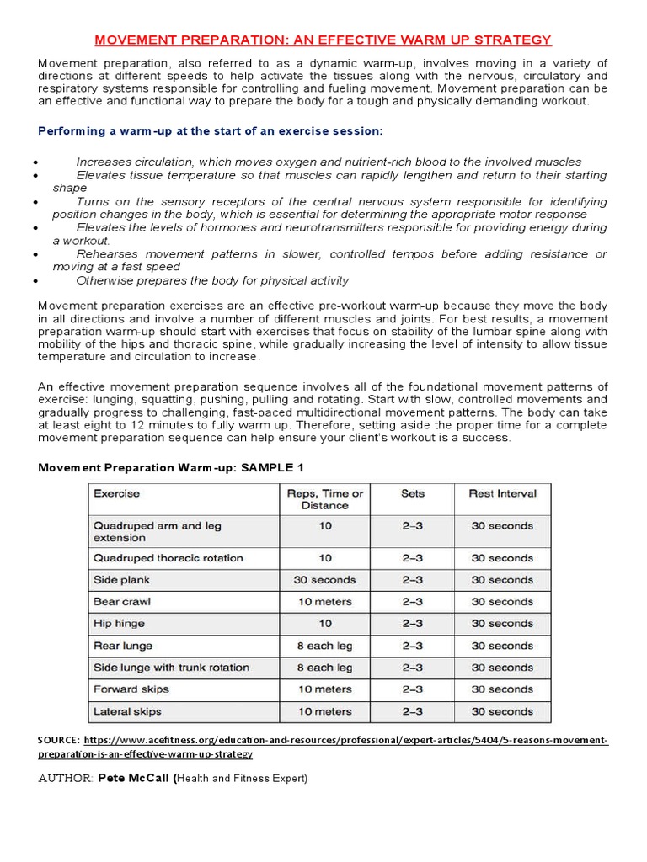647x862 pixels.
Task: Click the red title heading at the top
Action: pos(323,40)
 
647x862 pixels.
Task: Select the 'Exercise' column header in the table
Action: pos(116,493)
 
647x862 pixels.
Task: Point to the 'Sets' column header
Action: pos(412,493)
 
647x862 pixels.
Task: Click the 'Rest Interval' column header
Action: pos(502,493)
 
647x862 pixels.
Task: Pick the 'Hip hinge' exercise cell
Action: pos(119,624)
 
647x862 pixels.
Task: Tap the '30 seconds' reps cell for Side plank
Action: pos(324,580)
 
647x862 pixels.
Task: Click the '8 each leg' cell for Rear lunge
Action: pos(324,646)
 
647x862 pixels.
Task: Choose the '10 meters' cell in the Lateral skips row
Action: pos(324,711)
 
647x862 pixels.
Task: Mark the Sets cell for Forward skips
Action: pos(412,689)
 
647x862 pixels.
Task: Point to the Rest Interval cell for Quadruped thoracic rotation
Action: pos(502,558)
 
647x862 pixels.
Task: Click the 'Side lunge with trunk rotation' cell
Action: pos(171,668)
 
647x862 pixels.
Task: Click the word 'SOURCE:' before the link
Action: pos(59,740)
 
